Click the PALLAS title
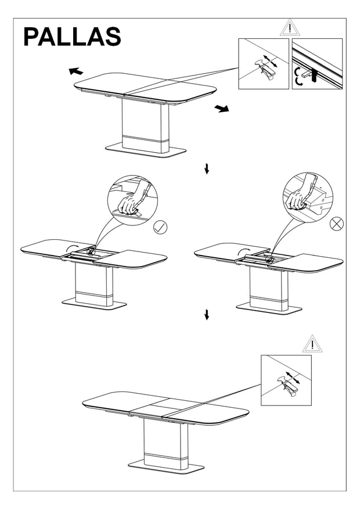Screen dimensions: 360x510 (72, 37)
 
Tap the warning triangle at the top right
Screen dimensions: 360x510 (290, 28)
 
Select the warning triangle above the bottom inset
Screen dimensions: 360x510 (312, 344)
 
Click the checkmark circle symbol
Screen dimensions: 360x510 (160, 227)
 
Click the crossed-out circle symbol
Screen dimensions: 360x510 (337, 224)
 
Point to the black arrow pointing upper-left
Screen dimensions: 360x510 (75, 71)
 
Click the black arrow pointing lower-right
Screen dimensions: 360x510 (222, 109)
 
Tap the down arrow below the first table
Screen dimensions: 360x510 (207, 169)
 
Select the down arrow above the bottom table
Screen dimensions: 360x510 (207, 314)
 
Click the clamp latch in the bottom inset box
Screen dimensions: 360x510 (288, 385)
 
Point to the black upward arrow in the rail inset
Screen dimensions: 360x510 (314, 75)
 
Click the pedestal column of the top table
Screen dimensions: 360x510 (146, 125)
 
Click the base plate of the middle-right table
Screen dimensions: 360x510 (269, 308)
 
